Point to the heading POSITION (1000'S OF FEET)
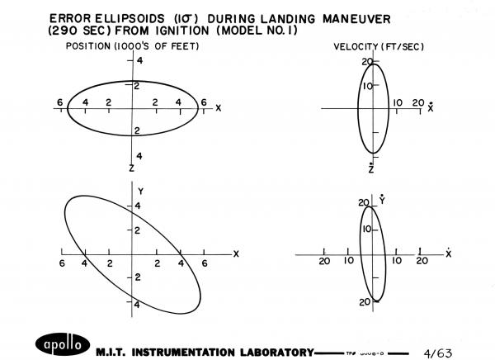(133, 46)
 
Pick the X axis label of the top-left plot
(218, 108)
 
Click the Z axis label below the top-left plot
(130, 168)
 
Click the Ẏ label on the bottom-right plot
(380, 200)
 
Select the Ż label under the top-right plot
(371, 168)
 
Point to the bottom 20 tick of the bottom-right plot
(363, 302)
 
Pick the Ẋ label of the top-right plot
(431, 107)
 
